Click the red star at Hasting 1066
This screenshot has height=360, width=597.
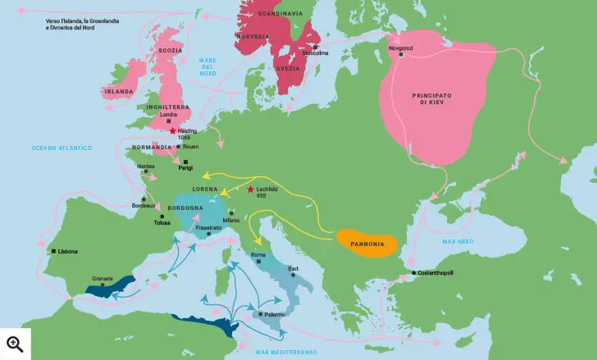pos(172,131)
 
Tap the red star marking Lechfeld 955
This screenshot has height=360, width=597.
pos(250,189)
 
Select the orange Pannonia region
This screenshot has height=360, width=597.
pos(368,241)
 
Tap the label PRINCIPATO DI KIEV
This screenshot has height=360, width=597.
pos(438,100)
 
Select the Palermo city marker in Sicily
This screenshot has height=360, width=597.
pos(261,314)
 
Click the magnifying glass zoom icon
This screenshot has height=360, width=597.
pos(15,344)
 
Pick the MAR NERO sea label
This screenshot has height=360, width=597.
pos(458,242)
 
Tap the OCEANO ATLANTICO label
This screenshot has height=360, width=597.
pos(62,148)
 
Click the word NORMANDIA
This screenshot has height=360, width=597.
pos(152,147)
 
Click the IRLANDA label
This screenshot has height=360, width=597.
pos(117,92)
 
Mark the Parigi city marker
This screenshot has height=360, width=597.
pos(185,162)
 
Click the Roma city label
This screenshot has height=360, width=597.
pos(259,255)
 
